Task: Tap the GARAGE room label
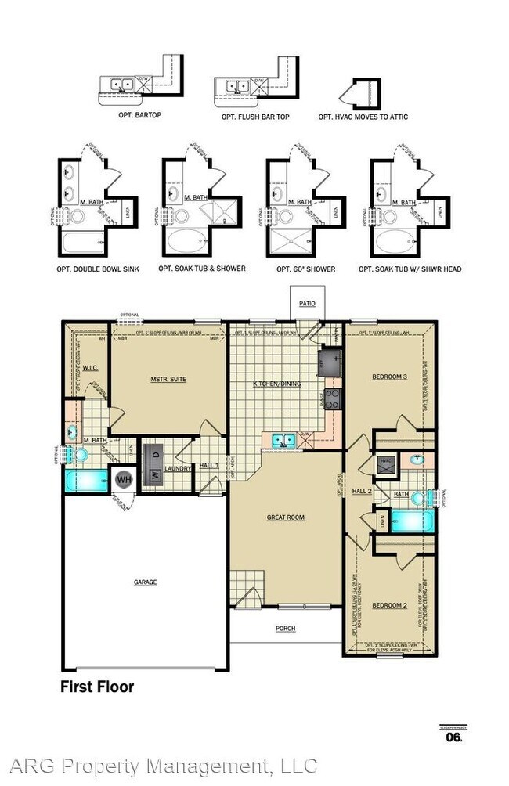coord(145,582)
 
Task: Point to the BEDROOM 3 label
coord(389,377)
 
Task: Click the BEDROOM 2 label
coord(389,605)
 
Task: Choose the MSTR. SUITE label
coord(168,380)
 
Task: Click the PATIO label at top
coord(306,303)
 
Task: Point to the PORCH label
coord(286,629)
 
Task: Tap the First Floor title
coord(97,687)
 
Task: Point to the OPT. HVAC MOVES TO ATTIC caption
coord(363,117)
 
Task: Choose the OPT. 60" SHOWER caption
coord(305,269)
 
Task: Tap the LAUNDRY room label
coord(179,468)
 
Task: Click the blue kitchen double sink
coord(283,440)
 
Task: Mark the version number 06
coord(453,737)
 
